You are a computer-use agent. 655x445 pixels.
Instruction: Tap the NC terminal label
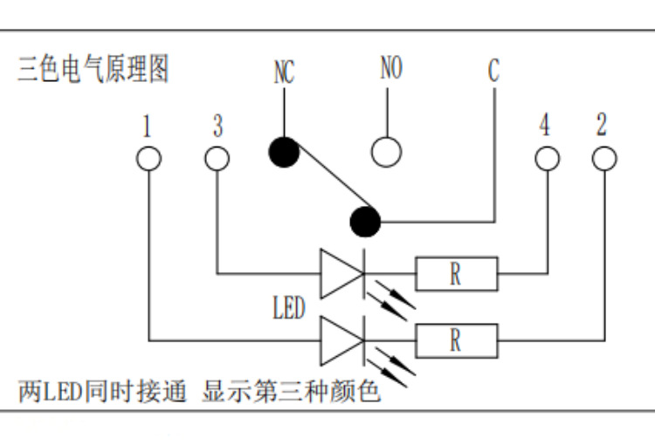pyautogui.click(x=284, y=72)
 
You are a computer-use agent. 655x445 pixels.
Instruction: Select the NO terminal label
pyautogui.click(x=391, y=69)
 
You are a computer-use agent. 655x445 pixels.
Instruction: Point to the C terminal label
pyautogui.click(x=493, y=71)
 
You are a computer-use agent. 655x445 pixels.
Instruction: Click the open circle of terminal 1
pyautogui.click(x=149, y=158)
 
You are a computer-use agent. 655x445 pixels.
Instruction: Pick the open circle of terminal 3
pyautogui.click(x=217, y=158)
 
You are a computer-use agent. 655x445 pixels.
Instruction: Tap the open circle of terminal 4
pyautogui.click(x=547, y=158)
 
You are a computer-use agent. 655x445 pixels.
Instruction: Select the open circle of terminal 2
pyautogui.click(x=603, y=158)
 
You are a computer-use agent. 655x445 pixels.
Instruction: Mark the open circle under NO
pyautogui.click(x=386, y=152)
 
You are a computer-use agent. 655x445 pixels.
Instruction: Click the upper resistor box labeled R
pyautogui.click(x=456, y=273)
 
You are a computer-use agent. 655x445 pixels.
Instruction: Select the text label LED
pyautogui.click(x=290, y=307)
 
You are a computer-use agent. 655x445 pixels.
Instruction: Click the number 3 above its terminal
pyautogui.click(x=217, y=127)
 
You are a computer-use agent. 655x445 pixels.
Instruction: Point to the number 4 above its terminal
pyautogui.click(x=545, y=127)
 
